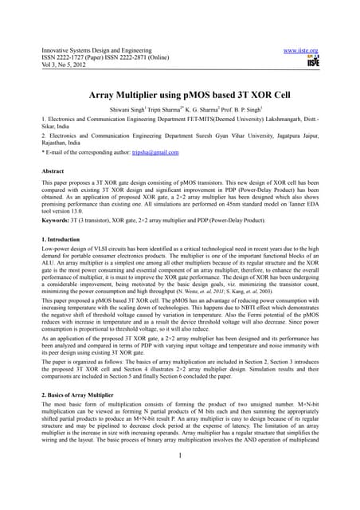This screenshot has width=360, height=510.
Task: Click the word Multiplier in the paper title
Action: pyautogui.click(x=154, y=94)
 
